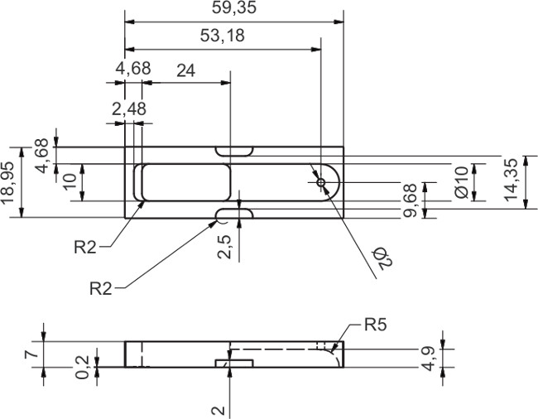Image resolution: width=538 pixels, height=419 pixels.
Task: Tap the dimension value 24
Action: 185,70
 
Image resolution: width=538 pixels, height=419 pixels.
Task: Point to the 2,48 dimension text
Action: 128,108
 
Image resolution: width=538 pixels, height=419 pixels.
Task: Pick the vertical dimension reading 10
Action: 70,181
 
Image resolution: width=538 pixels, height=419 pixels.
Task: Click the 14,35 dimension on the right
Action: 513,181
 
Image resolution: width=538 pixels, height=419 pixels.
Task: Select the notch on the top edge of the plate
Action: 233,152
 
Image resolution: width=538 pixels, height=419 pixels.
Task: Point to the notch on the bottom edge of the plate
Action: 233,215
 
